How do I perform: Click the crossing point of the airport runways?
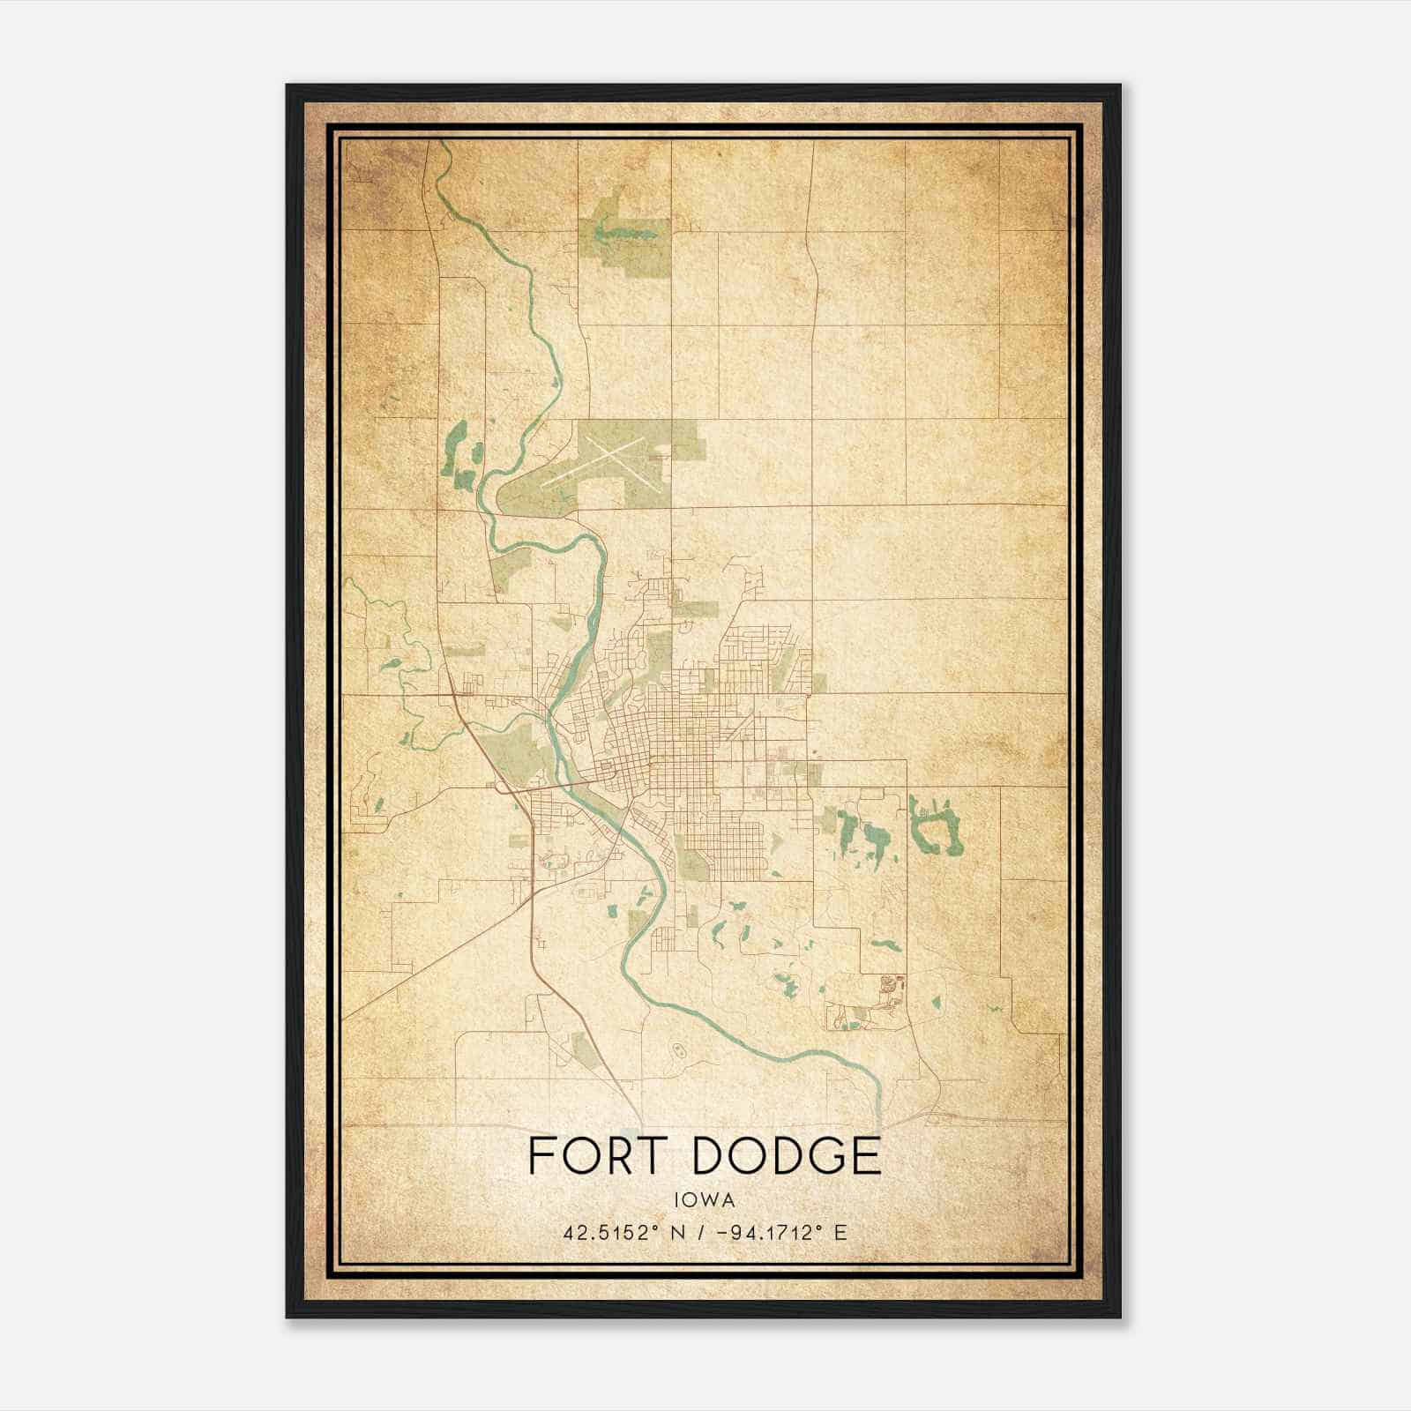[609, 460]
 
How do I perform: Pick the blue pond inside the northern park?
[626, 234]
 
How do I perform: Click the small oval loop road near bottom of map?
[678, 1049]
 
